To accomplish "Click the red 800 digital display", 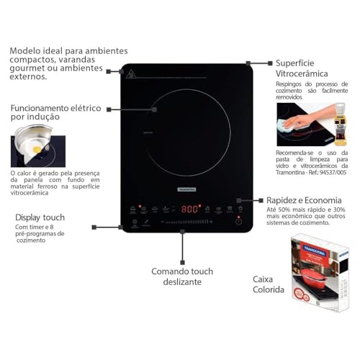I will point(189,209).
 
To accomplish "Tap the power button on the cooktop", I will point(238,221).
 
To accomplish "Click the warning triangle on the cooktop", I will point(131,74).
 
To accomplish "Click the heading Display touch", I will point(40,217).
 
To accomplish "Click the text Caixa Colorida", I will point(268,284).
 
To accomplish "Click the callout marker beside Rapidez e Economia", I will point(249,201).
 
